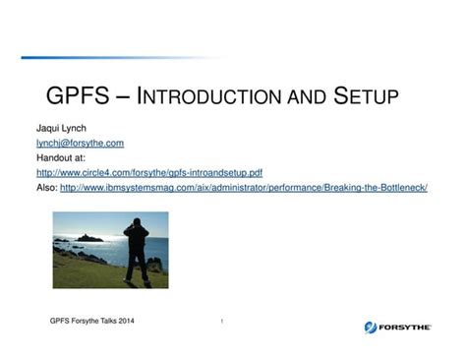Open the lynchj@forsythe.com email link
(80, 143)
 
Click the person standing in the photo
(138, 250)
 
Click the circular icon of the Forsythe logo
(371, 327)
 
